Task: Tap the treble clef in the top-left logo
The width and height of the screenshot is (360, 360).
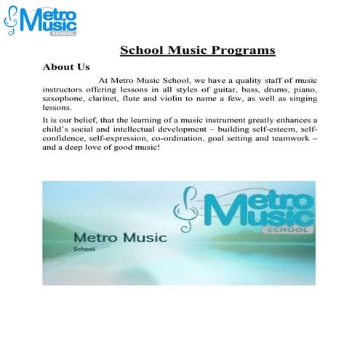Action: click(x=11, y=22)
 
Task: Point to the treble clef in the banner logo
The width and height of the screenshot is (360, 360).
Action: click(x=185, y=207)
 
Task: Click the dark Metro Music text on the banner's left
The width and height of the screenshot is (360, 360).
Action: click(x=121, y=238)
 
